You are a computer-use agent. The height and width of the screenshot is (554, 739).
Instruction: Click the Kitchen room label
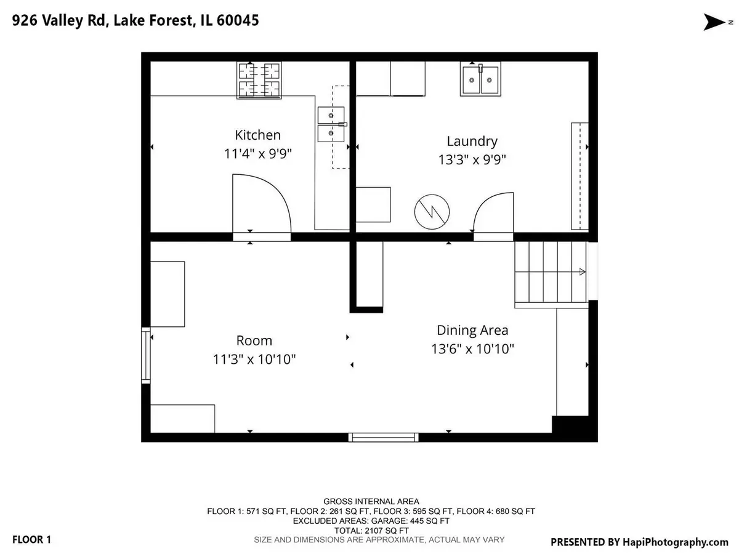pyautogui.click(x=257, y=135)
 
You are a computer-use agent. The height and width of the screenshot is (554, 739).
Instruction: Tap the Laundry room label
pyautogui.click(x=472, y=142)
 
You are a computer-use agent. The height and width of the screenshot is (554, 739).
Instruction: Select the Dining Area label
pyautogui.click(x=472, y=331)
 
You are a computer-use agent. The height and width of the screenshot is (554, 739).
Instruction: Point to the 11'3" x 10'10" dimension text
pyautogui.click(x=254, y=359)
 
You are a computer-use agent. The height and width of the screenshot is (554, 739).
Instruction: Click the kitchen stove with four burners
pyautogui.click(x=259, y=81)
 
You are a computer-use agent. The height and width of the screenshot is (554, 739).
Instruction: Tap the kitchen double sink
pyautogui.click(x=331, y=124)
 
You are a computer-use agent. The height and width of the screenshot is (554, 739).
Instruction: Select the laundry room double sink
pyautogui.click(x=480, y=79)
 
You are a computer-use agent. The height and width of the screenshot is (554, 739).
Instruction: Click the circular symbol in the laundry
pyautogui.click(x=432, y=212)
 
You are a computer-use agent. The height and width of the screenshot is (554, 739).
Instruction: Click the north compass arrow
pyautogui.click(x=714, y=22)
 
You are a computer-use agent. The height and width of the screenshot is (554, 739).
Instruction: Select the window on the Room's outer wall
pyautogui.click(x=145, y=356)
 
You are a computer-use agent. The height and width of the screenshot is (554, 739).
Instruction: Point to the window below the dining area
pyautogui.click(x=383, y=438)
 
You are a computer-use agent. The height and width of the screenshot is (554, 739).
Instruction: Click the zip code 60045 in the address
pyautogui.click(x=238, y=20)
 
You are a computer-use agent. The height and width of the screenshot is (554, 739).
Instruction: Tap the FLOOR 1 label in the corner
pyautogui.click(x=31, y=540)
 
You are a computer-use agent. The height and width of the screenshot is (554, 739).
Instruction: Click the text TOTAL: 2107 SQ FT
pyautogui.click(x=371, y=531)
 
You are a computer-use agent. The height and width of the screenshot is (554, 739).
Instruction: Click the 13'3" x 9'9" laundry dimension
pyautogui.click(x=472, y=159)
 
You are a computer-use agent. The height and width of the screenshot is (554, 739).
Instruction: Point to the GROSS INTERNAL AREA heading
pyautogui.click(x=371, y=502)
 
